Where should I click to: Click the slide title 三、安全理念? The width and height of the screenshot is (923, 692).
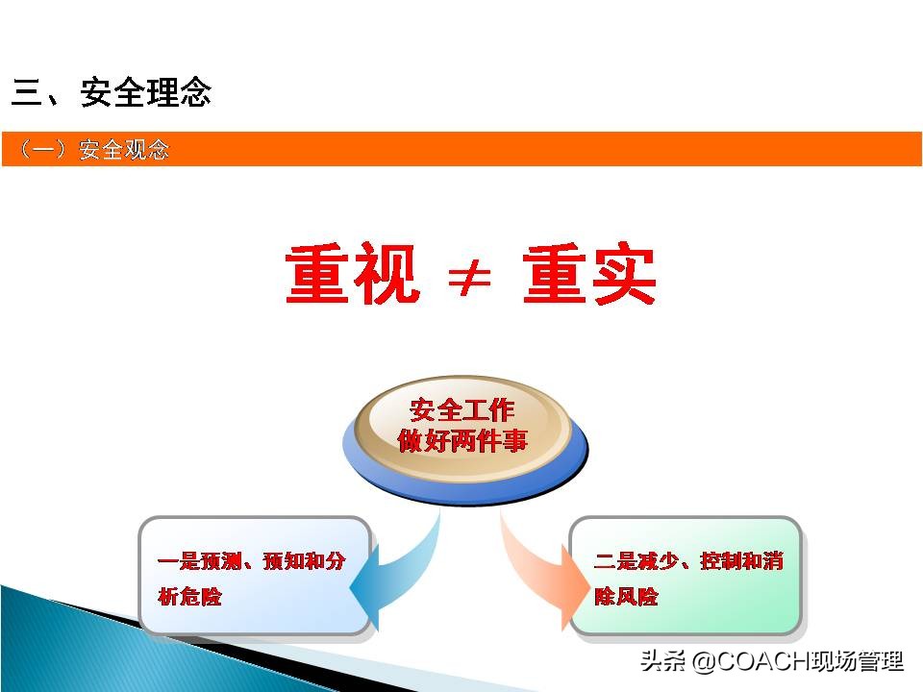pyautogui.click(x=112, y=93)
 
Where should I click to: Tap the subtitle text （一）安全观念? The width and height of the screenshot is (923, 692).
pyautogui.click(x=93, y=150)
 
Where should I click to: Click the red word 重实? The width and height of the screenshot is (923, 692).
pyautogui.click(x=589, y=275)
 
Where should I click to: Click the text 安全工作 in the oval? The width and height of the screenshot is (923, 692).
pyautogui.click(x=462, y=410)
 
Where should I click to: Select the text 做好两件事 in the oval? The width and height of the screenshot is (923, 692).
pyautogui.click(x=462, y=442)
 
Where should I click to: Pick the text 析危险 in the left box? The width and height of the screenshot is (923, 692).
pyautogui.click(x=189, y=597)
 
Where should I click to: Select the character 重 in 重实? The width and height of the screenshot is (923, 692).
pyautogui.click(x=556, y=275)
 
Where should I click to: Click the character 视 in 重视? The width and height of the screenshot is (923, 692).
pyautogui.click(x=387, y=275)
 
